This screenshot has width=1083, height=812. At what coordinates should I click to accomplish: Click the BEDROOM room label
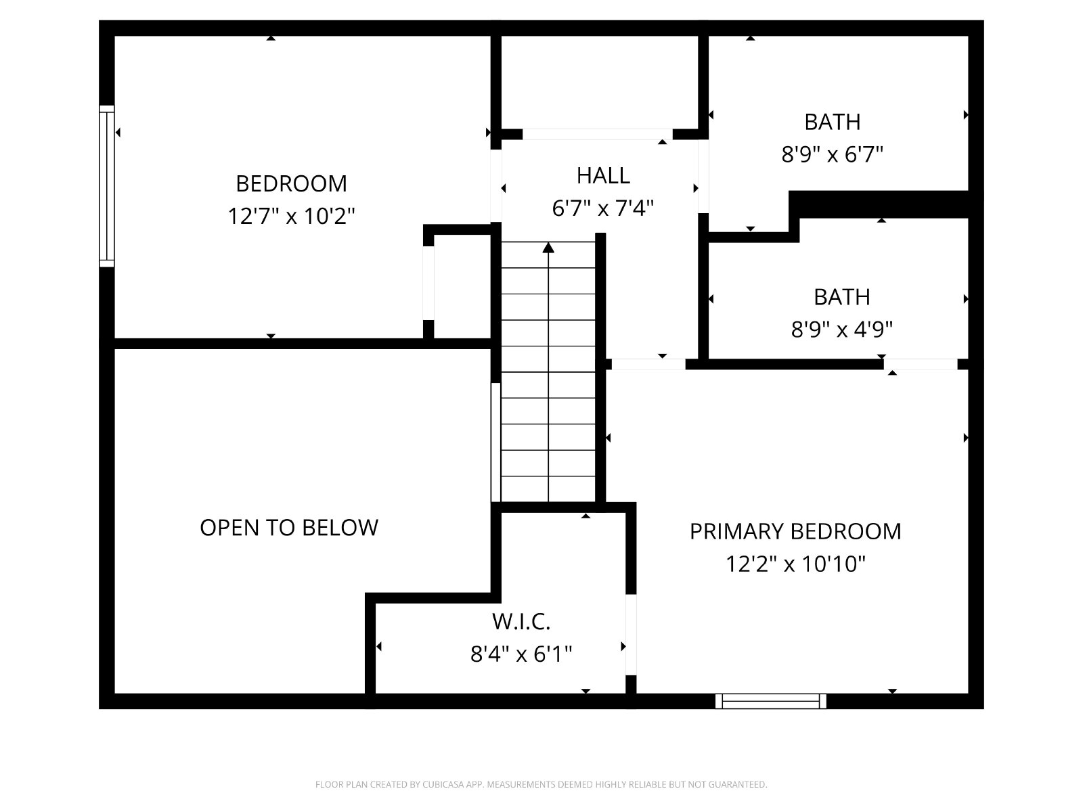pos(291,184)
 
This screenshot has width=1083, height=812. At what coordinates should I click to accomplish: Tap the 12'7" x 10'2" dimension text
pos(291,216)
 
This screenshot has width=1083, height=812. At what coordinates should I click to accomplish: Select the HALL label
pos(603,175)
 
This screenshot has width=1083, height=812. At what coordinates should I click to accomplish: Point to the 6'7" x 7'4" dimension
pos(602,208)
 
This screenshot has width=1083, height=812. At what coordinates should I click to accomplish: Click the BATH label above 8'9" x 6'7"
pos(833,122)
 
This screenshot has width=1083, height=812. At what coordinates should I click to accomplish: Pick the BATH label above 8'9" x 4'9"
pos(842,297)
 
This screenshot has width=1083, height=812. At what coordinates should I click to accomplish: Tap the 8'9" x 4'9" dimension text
pos(842,330)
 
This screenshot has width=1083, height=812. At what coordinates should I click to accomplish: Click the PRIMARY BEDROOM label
pos(795,531)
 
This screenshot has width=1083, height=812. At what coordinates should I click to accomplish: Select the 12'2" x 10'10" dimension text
pos(795,564)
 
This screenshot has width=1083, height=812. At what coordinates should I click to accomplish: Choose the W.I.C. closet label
pos(521,622)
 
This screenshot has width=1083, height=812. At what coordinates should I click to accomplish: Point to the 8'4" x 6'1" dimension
pos(521,654)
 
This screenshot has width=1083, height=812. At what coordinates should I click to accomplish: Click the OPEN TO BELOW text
pos(289,528)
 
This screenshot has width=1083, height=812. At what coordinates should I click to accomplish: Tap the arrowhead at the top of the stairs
pos(548,248)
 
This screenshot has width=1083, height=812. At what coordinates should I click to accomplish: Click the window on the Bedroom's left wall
pos(106,186)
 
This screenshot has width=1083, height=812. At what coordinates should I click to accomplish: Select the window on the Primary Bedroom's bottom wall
pos(771,701)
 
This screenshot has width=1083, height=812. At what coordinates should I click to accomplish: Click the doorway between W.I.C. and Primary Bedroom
pos(631,635)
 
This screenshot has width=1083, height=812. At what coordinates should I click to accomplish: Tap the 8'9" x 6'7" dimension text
pos(833,154)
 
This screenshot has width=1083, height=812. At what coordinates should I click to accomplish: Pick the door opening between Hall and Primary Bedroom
pos(648,364)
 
